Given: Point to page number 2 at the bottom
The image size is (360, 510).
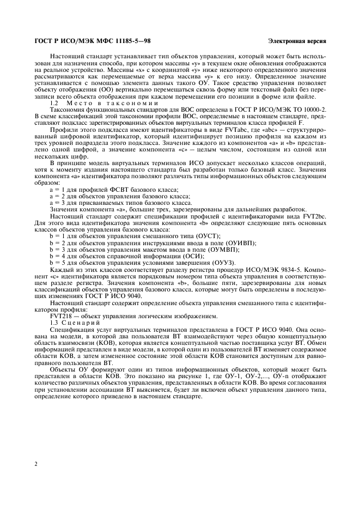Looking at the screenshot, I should pos(35,463).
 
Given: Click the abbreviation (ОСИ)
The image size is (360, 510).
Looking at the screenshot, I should pos(193,256).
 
